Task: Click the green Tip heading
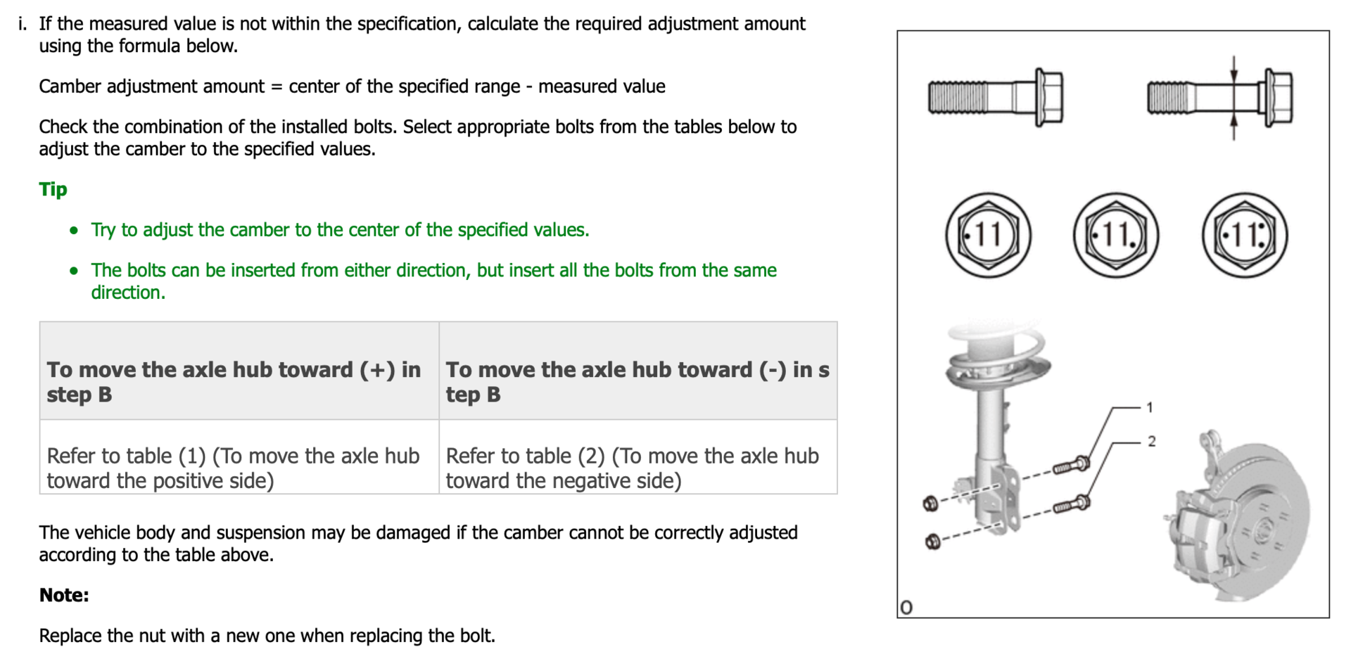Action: [x=53, y=189]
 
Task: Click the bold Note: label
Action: [x=64, y=595]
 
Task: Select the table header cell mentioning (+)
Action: [x=239, y=381]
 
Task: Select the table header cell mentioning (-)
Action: [x=638, y=381]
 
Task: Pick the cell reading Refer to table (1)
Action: [x=239, y=468]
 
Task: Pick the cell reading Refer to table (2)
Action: [x=638, y=468]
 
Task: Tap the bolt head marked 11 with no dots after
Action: [x=988, y=235]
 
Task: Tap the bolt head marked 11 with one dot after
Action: [x=1116, y=235]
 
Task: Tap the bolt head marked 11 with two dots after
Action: [x=1245, y=235]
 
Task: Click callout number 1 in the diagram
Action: [x=1150, y=407]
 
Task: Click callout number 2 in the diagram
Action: [x=1152, y=442]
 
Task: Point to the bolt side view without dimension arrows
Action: [x=995, y=97]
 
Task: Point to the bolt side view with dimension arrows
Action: [x=1219, y=97]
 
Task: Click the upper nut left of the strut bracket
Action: [x=930, y=503]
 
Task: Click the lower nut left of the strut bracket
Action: [x=932, y=542]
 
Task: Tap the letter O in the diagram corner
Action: [x=906, y=608]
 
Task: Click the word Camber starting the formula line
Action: [x=70, y=87]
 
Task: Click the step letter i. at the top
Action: [x=23, y=24]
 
